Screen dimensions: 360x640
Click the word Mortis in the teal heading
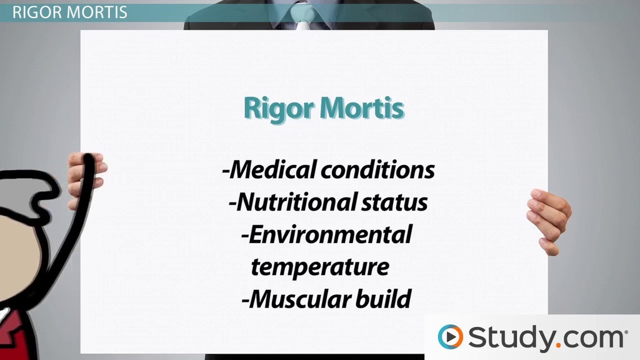[362, 109]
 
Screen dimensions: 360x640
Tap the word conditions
[381, 170]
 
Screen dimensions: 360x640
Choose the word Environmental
[327, 235]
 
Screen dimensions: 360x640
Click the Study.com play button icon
[450, 337]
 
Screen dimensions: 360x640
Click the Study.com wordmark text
[544, 337]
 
